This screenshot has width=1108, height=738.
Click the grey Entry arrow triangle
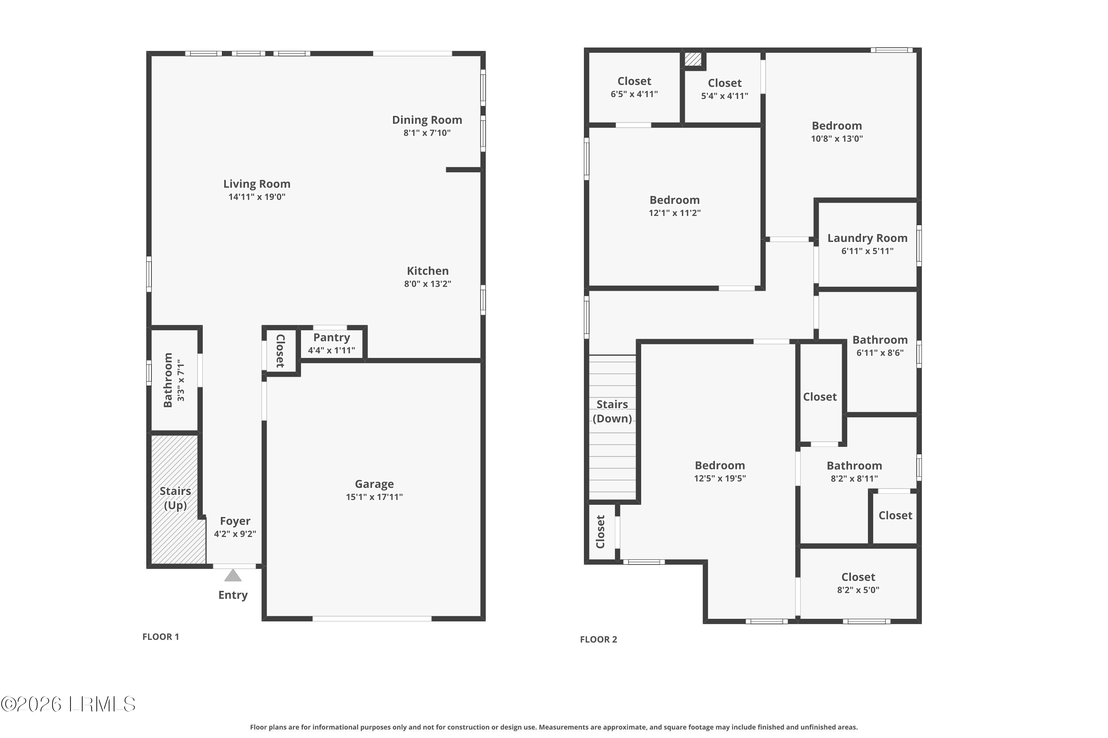tap(233, 576)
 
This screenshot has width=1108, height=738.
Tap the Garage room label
tap(374, 484)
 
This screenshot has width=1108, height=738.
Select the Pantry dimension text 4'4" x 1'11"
tap(331, 350)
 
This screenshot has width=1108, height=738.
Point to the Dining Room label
tap(427, 120)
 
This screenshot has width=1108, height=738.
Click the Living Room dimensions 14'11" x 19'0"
tap(257, 197)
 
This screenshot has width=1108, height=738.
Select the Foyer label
tap(235, 521)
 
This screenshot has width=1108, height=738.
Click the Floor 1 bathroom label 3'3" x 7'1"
tap(181, 380)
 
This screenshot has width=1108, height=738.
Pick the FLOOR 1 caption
tap(161, 637)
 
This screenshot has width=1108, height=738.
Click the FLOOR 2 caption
tap(598, 639)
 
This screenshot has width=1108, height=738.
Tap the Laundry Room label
tap(867, 238)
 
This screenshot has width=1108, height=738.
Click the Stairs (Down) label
tap(612, 411)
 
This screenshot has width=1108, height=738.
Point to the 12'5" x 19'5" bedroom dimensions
tap(719, 478)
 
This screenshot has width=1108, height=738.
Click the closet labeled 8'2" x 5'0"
tap(858, 583)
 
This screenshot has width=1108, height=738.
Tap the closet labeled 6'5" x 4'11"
tap(634, 87)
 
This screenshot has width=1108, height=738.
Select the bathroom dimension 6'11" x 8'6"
tap(879, 352)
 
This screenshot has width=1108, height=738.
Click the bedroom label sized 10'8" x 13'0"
tap(837, 126)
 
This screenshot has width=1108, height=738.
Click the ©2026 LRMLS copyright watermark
tap(68, 704)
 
